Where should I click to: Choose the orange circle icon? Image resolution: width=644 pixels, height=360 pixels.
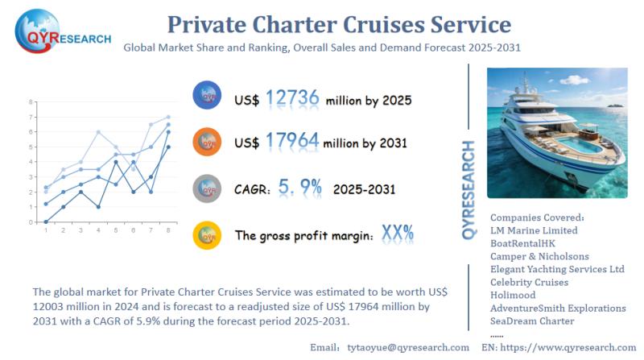pos(208,142)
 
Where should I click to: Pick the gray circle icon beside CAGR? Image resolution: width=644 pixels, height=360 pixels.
pos(208,188)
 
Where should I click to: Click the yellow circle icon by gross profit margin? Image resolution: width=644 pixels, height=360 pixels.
pos(208,235)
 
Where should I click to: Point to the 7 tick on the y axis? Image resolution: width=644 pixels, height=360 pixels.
pos(31,102)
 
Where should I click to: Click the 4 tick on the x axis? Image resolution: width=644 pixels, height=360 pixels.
pos(98,231)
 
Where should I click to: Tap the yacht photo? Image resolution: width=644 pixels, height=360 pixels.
pos(556,133)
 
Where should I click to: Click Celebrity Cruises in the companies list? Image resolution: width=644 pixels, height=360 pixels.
pos(529,282)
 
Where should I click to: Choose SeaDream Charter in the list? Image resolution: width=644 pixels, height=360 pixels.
pos(532,321)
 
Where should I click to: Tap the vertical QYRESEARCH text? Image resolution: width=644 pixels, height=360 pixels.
pos(469,189)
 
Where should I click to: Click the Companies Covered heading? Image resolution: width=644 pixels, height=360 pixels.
pos(537,217)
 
